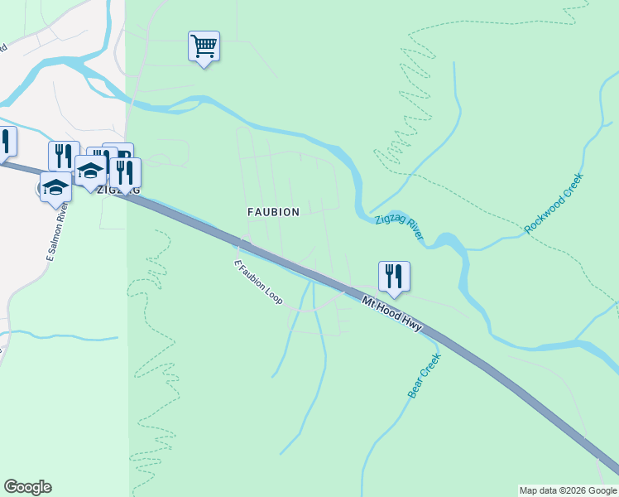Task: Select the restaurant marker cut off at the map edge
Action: tap(5, 142)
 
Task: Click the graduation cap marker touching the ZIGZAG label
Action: tap(90, 172)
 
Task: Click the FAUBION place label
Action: tap(273, 212)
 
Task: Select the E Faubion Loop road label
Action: tap(258, 282)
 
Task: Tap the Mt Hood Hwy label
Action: tap(391, 313)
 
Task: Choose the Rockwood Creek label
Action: tap(554, 203)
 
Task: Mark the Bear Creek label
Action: tap(424, 376)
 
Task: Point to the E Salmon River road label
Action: tap(55, 233)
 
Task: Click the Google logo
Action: tap(27, 487)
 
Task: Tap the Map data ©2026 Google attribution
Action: tap(568, 490)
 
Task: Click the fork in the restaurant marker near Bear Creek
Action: tap(389, 274)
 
